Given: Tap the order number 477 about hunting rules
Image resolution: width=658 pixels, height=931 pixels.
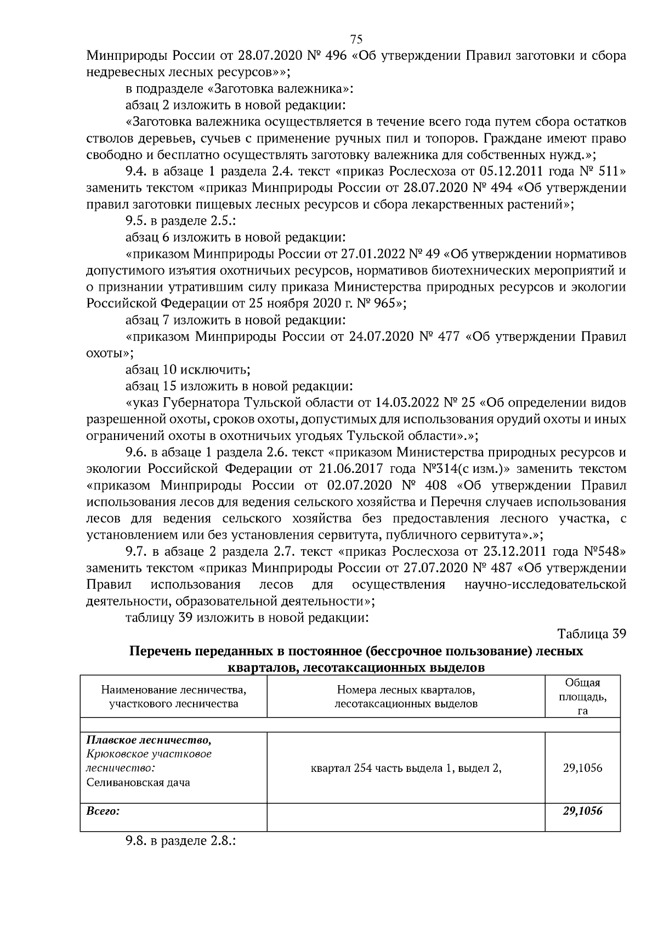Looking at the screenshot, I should click(449, 336).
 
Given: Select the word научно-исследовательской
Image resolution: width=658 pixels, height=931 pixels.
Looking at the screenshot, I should click(545, 584).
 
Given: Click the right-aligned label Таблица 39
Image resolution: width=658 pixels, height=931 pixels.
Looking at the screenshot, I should click(591, 634).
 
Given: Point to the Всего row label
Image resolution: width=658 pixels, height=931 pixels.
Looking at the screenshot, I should click(103, 811).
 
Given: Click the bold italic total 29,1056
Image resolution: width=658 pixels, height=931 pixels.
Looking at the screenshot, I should click(582, 811).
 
